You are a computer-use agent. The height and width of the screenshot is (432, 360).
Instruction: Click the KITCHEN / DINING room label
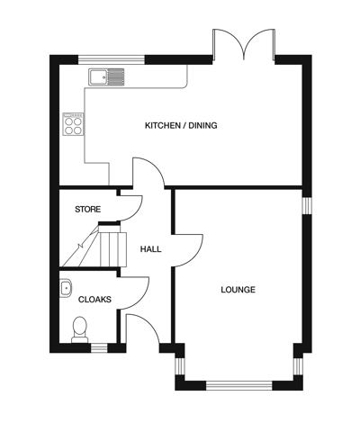181,125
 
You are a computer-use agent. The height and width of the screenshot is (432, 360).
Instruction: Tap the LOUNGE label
238,290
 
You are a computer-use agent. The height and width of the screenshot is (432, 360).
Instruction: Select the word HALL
150,249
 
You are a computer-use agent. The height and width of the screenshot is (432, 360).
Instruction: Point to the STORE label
87,210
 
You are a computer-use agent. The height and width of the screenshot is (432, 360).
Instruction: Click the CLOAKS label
94,299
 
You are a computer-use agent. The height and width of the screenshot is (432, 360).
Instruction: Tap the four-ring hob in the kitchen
72,123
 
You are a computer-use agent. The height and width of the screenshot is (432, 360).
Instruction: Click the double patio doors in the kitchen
244,45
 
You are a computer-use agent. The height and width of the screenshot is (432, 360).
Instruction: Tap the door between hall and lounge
184,247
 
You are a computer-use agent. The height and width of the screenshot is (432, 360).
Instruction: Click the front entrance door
140,329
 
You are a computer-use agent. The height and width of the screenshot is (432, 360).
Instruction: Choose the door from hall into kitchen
146,173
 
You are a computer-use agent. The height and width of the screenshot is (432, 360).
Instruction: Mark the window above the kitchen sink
112,60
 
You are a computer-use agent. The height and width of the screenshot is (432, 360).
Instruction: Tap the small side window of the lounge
306,205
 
